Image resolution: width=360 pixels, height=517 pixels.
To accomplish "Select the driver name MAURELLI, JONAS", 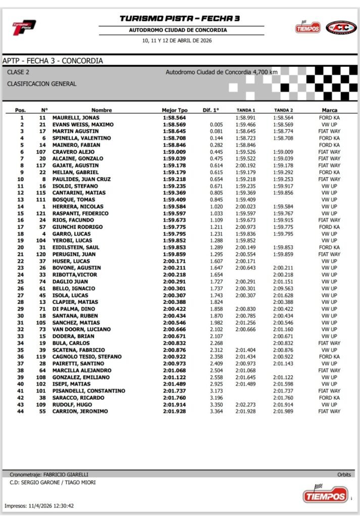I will (76, 118).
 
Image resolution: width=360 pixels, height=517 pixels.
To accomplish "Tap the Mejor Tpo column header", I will (175, 110).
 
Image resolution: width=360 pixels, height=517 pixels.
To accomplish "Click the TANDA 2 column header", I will (283, 110).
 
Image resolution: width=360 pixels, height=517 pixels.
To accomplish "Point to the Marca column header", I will (329, 110).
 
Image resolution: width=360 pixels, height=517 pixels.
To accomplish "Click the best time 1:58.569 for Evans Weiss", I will (175, 125).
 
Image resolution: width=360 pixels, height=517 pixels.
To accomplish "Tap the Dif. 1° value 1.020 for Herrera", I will (216, 206).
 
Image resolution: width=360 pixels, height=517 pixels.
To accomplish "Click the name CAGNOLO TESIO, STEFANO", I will (86, 357).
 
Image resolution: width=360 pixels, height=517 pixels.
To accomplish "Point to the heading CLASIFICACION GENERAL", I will (42, 84).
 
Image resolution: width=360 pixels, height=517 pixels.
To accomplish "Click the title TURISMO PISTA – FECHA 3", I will (179, 19).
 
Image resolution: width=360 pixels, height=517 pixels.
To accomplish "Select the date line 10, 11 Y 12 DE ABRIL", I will (179, 40).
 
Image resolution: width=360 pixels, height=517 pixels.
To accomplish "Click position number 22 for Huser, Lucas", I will (21, 261).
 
